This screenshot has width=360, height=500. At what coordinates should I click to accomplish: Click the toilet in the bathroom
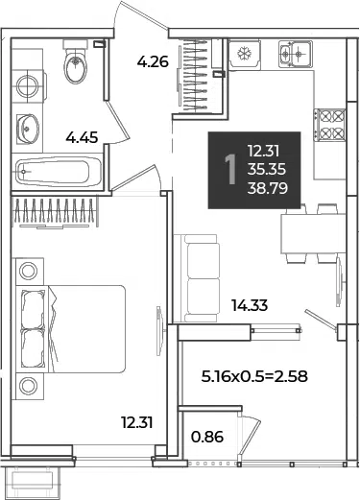click(76, 61)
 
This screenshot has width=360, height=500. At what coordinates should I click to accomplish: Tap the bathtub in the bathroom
click(59, 172)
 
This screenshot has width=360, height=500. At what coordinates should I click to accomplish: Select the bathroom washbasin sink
click(28, 129)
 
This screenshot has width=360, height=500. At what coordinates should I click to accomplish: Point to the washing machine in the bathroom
click(28, 86)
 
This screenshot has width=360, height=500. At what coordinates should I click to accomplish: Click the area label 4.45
click(82, 138)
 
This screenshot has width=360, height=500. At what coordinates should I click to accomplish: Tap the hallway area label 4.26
click(153, 61)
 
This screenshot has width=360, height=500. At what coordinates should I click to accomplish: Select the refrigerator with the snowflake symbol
click(245, 54)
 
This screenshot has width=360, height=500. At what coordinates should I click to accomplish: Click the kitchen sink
click(295, 54)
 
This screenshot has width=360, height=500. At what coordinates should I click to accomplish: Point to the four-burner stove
click(330, 125)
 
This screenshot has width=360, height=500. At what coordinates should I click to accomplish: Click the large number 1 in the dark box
click(230, 170)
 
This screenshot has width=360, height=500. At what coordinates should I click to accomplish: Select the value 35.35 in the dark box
click(267, 169)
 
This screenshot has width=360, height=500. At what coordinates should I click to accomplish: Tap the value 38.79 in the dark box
click(268, 188)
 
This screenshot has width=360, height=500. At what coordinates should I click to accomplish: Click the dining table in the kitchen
click(313, 234)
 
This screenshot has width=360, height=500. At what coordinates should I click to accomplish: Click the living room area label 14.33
click(250, 305)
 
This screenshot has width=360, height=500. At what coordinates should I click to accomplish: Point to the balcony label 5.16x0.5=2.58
click(254, 376)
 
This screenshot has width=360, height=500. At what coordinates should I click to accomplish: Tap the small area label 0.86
click(207, 437)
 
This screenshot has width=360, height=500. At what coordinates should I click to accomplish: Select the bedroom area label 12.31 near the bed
click(137, 422)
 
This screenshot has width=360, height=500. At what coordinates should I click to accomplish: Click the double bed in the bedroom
click(71, 329)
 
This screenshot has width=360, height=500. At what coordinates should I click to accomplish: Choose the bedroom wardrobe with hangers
click(55, 212)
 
